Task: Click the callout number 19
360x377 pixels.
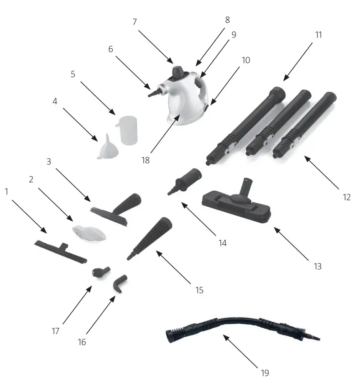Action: [265, 373]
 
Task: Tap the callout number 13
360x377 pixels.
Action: [318, 266]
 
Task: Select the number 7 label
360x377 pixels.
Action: [135, 21]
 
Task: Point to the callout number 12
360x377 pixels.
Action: [347, 197]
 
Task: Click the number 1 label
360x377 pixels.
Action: [6, 192]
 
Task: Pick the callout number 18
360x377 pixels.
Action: [145, 160]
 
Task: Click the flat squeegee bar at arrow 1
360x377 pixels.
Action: [59, 250]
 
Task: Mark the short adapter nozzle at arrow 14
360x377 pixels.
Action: [184, 180]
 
